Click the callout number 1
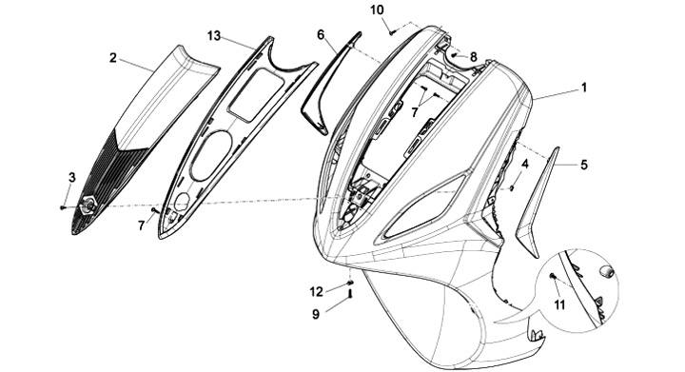point(583,88)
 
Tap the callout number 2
point(113,58)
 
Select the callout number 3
point(72,177)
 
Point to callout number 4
point(525,165)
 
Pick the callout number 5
point(584,165)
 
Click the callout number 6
point(322,35)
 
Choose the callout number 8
point(474,57)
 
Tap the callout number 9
point(316,314)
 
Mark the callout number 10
point(378,10)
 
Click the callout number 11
point(559,304)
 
